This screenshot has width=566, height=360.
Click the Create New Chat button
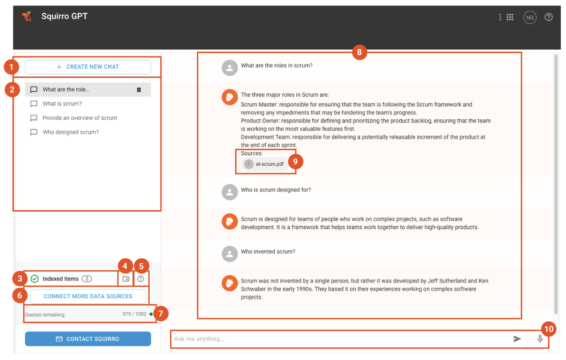coord(88,67)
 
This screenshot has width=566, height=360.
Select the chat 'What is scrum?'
coord(62,104)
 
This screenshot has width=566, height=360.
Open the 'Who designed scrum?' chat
coord(70,132)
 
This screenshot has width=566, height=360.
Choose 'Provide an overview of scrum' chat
coord(80,118)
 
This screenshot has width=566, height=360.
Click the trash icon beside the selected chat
coord(139,90)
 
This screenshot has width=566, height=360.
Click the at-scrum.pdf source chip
coord(265,164)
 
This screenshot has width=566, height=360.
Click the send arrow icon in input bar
coord(517,339)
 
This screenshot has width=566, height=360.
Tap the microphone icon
coord(540,339)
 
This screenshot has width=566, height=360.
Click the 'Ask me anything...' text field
coord(341,339)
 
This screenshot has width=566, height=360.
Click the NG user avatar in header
coord(530,17)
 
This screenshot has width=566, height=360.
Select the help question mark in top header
coord(549,17)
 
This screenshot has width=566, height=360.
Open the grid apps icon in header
coord(509,17)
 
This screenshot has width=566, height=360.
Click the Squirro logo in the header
coord(27,17)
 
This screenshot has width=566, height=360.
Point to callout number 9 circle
coord(296,162)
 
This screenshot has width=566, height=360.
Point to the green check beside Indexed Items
coord(35,279)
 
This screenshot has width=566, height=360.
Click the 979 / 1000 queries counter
coord(134,314)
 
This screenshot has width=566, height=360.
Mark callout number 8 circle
coord(359,52)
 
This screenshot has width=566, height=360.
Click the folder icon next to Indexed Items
coord(126,279)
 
